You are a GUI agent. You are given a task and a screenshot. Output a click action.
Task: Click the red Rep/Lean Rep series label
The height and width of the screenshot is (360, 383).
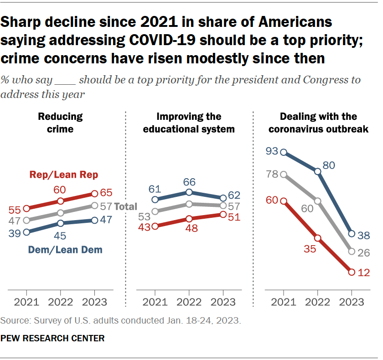64,175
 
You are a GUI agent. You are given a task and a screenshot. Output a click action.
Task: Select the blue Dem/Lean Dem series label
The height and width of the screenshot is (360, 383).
65,249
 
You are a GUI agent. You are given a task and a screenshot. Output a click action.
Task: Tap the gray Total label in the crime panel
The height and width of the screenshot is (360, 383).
125,206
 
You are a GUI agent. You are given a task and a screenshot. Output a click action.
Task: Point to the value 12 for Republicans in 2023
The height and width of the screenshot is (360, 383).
364,273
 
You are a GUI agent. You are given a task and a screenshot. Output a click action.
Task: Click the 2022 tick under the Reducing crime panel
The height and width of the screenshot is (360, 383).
60,302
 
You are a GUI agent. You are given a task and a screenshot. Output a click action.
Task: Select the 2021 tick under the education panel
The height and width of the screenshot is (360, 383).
155,302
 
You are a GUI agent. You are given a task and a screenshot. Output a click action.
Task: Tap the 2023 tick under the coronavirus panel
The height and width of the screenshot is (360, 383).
352,302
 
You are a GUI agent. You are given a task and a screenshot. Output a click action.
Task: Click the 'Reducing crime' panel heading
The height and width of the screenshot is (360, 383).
60,123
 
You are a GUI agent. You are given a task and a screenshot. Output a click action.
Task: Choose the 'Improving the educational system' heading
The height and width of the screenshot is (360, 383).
189,123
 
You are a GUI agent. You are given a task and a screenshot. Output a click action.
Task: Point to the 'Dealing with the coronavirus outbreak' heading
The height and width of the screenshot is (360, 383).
318,123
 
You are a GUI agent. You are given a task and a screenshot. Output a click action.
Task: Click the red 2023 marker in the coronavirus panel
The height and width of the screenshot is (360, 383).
352,272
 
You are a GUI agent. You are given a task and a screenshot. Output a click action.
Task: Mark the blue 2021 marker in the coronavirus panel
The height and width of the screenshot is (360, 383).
284,152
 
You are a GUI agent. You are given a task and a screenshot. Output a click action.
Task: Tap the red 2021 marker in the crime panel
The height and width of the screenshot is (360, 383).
26,208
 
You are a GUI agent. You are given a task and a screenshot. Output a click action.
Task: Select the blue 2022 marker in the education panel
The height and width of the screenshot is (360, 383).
189,192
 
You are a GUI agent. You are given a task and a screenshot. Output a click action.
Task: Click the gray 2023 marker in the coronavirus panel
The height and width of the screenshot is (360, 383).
352,251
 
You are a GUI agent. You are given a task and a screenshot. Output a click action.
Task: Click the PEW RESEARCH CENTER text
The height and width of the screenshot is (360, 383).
52,338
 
